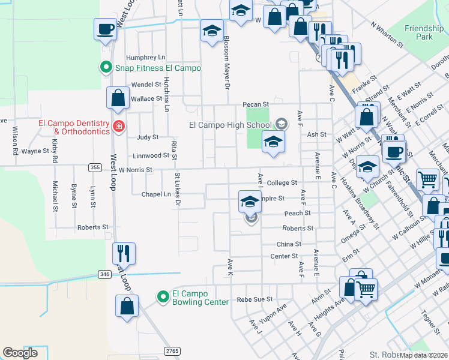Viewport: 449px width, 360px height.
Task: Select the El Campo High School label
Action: [231, 125]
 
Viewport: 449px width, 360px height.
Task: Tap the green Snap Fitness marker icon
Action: [106, 67]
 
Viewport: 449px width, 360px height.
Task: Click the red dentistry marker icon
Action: [119, 126]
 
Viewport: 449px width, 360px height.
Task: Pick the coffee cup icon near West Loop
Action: [105, 29]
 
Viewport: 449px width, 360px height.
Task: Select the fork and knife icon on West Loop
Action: [124, 254]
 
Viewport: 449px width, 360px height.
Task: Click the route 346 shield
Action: [105, 274]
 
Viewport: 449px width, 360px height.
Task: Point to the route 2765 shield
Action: [172, 350]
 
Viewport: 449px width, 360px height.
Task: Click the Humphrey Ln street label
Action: [145, 58]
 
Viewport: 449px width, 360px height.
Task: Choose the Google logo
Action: [20, 353]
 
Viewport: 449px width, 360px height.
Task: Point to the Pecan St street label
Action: [255, 104]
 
